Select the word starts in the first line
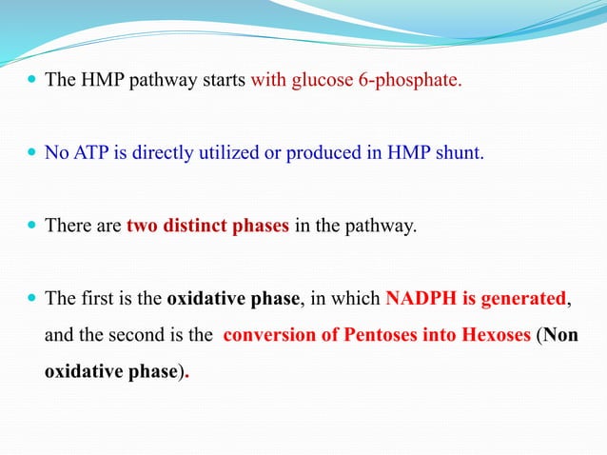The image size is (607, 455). [221, 80]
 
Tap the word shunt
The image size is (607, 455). [460, 154]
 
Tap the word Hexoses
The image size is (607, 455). [488, 336]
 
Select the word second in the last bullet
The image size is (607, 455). [126, 336]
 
